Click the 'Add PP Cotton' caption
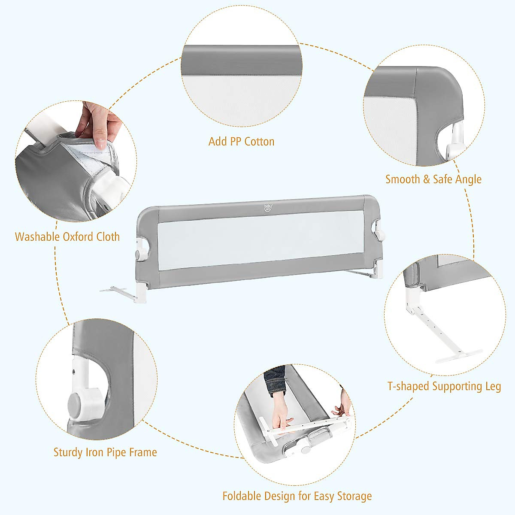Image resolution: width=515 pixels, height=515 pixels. [x=241, y=142]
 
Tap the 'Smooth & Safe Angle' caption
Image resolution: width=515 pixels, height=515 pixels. [x=433, y=179]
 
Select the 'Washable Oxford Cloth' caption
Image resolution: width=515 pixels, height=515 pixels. [x=67, y=236]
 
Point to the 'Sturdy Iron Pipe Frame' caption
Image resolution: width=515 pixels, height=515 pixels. [x=105, y=452]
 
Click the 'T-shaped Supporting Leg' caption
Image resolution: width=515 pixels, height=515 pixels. [x=444, y=386]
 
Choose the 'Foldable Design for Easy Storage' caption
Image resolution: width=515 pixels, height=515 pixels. [x=297, y=497]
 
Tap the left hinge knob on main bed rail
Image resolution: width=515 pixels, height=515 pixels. [x=139, y=254]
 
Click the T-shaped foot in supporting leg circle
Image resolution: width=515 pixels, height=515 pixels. [x=458, y=355]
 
